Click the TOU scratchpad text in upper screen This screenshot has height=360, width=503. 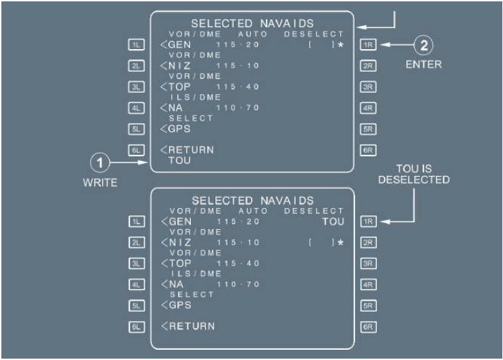(179, 161)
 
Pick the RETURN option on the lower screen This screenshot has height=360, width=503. (192, 325)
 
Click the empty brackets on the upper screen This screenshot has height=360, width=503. (320, 45)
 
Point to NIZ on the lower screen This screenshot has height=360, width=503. (179, 242)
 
